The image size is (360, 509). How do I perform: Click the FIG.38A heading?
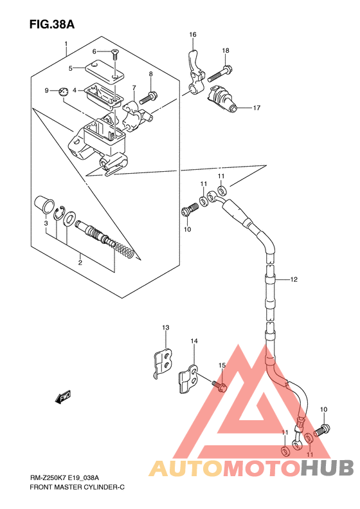52,24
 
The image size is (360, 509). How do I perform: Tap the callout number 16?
193,35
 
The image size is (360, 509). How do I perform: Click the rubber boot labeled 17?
222,98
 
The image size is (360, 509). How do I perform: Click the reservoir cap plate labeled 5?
104,71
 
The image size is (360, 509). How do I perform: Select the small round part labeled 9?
64,91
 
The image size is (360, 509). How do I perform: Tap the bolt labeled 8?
148,97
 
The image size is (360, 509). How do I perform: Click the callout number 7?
134,88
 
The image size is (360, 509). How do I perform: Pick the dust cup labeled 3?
44,205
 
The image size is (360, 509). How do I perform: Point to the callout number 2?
80,263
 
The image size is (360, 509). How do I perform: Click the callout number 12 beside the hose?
294,279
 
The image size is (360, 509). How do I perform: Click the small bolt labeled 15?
219,385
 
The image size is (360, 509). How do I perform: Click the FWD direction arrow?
62,396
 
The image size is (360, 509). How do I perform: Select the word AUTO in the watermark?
186,468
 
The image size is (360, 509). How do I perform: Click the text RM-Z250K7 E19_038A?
64,477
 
